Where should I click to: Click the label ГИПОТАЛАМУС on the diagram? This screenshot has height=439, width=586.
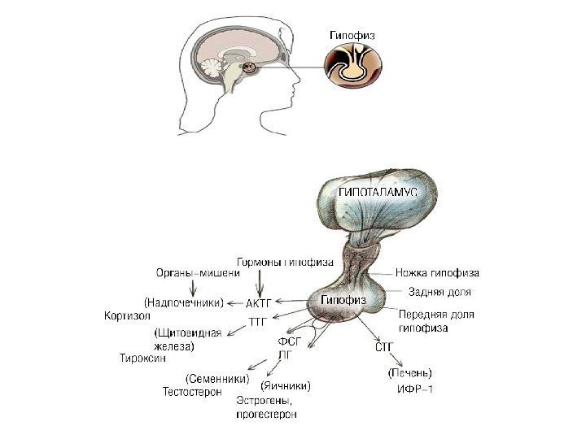tap(378, 192)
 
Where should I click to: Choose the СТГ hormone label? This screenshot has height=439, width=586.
tap(384, 346)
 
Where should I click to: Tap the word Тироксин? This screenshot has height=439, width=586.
tap(142, 358)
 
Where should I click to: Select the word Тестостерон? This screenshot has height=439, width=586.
tap(192, 391)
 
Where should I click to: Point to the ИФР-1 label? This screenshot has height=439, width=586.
tap(415, 390)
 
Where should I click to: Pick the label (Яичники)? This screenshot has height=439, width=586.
tap(286, 385)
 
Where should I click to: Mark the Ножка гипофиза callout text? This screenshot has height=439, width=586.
tap(437, 272)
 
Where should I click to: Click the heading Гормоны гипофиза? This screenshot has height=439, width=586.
tap(285, 262)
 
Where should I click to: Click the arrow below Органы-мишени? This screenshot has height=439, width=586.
tap(192, 287)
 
